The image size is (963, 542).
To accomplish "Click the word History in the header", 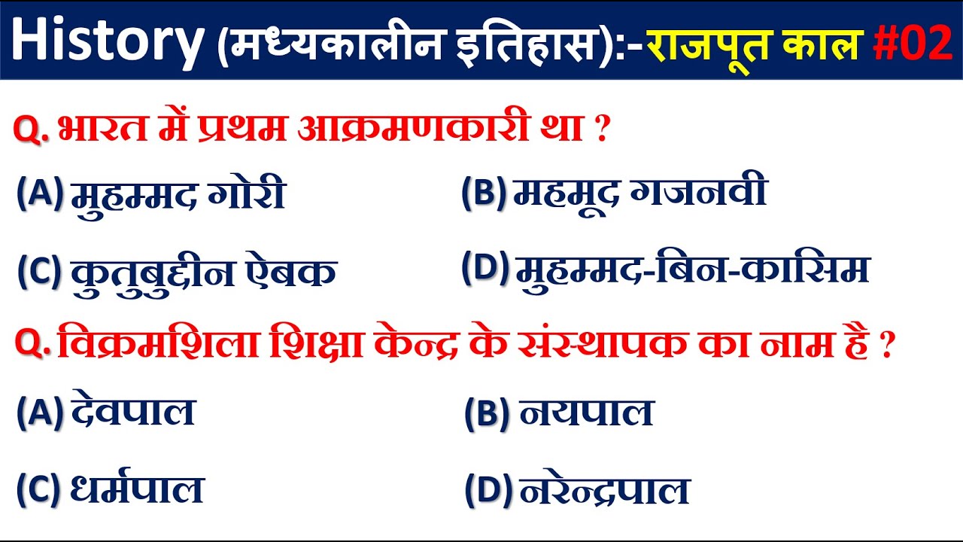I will tap(106, 41).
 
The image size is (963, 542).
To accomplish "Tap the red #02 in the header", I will tap(913, 43).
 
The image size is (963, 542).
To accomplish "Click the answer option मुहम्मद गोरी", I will tap(178, 196).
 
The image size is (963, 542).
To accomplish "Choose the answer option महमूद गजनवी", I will tap(639, 193).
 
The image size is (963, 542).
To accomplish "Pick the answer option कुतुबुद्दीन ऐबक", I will tap(203, 273).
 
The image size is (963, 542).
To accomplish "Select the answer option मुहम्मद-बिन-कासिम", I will tap(692, 269).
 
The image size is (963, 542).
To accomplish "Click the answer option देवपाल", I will tap(133, 413).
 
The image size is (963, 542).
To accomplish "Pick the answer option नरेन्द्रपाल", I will tap(604, 491).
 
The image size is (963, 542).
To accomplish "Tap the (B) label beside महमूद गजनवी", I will tap(484, 193).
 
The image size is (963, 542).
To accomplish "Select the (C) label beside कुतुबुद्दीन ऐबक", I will tap(39, 273).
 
